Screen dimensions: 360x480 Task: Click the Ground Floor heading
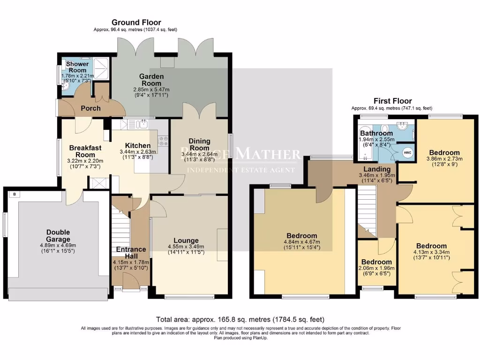(x=136, y=22)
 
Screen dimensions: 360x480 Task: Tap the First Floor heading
(x=392, y=101)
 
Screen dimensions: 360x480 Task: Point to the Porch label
(x=90, y=108)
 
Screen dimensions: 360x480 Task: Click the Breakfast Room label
(x=85, y=151)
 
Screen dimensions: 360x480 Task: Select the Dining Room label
(x=199, y=144)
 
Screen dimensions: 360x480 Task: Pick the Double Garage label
(x=58, y=236)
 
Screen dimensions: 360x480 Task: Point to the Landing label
(x=377, y=169)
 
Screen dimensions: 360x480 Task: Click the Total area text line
(x=240, y=320)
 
